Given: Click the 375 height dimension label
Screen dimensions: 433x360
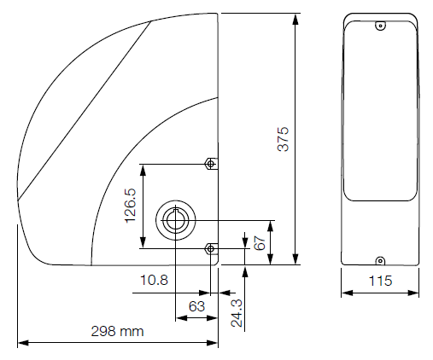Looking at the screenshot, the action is click(283, 139).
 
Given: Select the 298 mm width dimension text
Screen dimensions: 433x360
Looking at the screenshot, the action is click(117, 332).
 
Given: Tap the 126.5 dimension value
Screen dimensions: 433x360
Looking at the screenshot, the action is click(131, 206).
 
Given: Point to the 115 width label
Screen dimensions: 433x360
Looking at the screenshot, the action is click(380, 281).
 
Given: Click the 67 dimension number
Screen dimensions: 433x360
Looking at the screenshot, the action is click(260, 242).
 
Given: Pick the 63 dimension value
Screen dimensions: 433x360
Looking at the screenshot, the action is click(196, 306).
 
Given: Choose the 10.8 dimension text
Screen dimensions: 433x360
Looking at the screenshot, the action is click(155, 280).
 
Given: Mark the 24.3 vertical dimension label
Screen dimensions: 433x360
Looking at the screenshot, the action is click(237, 313).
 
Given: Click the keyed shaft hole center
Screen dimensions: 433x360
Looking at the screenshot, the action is click(175, 220).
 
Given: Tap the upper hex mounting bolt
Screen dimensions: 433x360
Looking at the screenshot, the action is click(210, 164).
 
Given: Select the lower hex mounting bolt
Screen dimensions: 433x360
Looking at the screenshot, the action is click(210, 249).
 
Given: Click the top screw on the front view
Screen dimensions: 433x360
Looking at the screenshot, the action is click(380, 26).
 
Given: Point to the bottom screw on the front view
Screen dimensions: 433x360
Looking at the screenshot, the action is click(380, 261).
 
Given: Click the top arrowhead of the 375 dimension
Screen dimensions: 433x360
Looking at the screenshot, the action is click(295, 20).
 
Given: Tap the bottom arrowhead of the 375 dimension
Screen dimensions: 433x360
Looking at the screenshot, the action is click(295, 258).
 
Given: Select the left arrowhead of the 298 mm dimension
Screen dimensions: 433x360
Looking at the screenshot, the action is click(23, 343).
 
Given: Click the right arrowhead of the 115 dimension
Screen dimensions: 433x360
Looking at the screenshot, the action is click(413, 293).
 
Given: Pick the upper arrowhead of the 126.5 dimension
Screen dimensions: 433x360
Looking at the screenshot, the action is click(143, 170).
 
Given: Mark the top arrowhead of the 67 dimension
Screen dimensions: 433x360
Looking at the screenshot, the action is click(271, 226).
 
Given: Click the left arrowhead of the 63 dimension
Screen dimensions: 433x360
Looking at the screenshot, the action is click(182, 318).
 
